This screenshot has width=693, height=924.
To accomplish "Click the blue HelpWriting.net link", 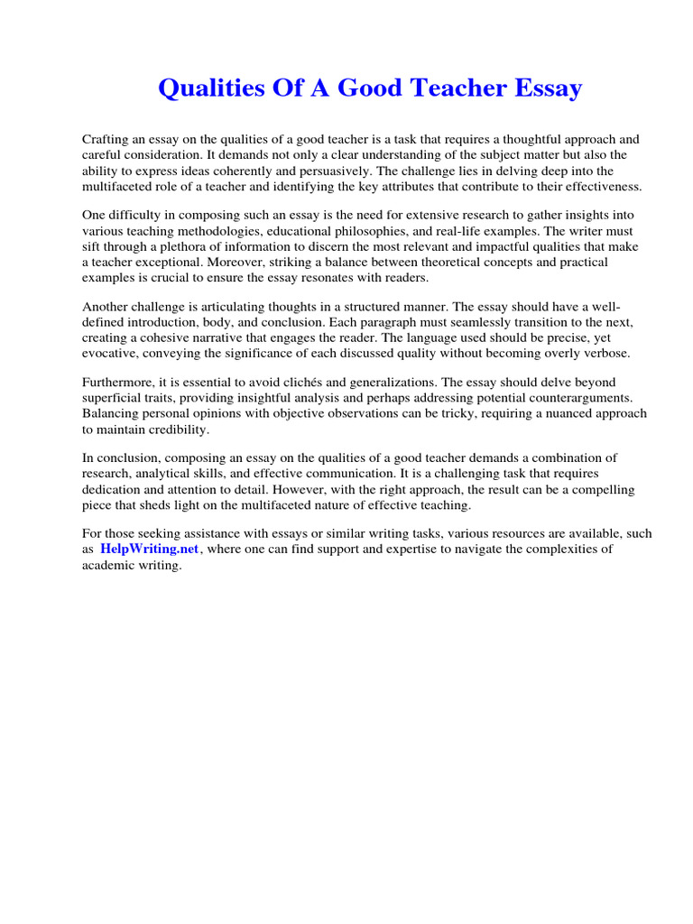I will pyautogui.click(x=149, y=550).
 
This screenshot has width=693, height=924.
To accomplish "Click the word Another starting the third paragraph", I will pyautogui.click(x=107, y=307).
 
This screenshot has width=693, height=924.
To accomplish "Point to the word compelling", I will pyautogui.click(x=596, y=490).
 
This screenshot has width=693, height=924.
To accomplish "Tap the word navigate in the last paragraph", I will pyautogui.click(x=505, y=550).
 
